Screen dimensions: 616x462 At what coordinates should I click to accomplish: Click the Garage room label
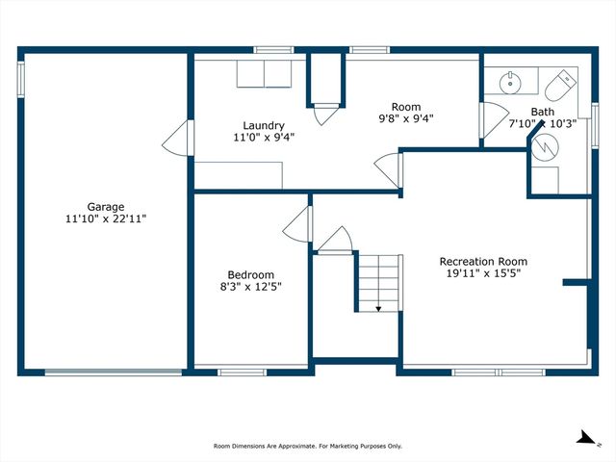coord(105,207)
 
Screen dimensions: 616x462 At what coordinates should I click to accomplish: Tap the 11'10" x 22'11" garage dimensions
coord(106,218)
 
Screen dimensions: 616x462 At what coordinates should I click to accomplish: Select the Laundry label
coord(264,126)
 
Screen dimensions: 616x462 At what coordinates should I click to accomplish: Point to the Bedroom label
coord(250,275)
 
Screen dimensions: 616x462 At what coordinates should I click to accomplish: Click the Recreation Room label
coord(483,262)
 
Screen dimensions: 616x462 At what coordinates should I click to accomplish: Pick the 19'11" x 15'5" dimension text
coord(483,273)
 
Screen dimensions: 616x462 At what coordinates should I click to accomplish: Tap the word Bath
coord(543,112)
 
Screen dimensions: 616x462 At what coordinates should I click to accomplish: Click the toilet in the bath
coord(560,86)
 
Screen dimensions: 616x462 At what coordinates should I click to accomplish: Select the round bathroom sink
coord(510,83)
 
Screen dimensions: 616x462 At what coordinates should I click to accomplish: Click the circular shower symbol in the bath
coord(545,147)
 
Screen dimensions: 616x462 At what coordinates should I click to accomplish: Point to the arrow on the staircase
coord(378,308)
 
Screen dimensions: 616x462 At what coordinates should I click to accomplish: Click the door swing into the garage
coord(175,138)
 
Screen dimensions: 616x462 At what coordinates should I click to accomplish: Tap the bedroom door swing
coord(295,224)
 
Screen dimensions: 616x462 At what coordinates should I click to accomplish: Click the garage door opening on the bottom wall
coord(114,372)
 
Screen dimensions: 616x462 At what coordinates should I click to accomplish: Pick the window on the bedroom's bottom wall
coord(243,372)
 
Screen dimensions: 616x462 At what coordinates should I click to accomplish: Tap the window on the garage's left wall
coord(21,79)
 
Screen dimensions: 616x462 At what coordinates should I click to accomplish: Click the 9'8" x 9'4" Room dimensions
coord(406,118)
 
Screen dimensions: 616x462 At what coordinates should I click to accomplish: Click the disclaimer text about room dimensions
coord(308,447)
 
